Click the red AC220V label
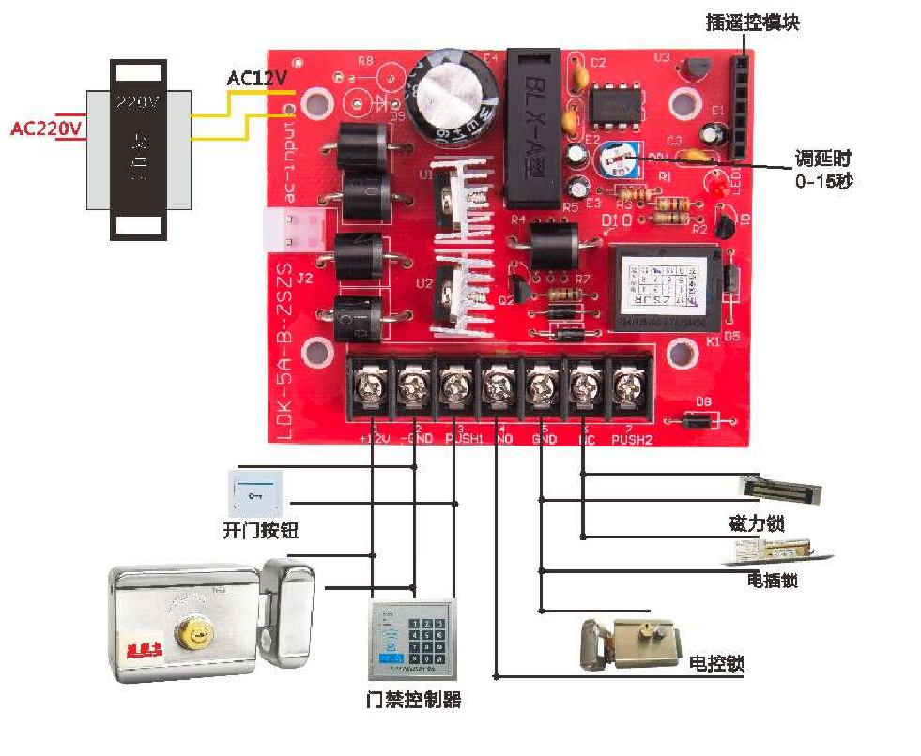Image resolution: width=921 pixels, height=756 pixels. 45,127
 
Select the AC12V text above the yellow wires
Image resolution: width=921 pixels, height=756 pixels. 256,78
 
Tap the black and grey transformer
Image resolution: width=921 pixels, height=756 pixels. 139,148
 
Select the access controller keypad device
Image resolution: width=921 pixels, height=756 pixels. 412,639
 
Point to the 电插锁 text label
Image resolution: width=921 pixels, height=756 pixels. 773,580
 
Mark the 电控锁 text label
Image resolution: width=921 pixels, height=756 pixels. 715,663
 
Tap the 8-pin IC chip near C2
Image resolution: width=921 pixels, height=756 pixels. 613,101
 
